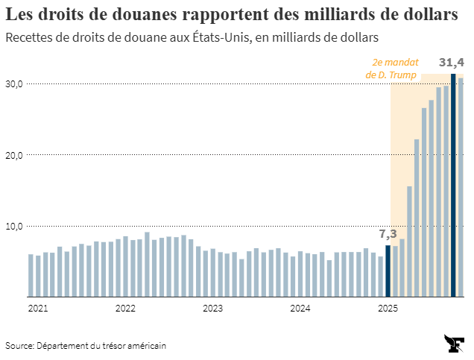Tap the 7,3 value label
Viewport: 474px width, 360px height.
(x=388, y=234)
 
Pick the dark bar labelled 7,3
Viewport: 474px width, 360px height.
(x=388, y=271)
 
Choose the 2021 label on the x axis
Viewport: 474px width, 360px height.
(x=37, y=308)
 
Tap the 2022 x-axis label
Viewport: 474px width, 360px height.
(x=125, y=308)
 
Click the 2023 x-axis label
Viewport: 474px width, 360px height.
(x=213, y=308)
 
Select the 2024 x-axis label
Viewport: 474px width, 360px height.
(x=300, y=308)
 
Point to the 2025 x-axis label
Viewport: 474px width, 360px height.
(x=388, y=308)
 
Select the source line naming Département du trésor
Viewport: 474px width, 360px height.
(x=86, y=346)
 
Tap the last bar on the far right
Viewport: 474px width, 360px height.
(x=461, y=187)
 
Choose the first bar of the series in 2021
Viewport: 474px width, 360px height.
(x=31, y=275)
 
